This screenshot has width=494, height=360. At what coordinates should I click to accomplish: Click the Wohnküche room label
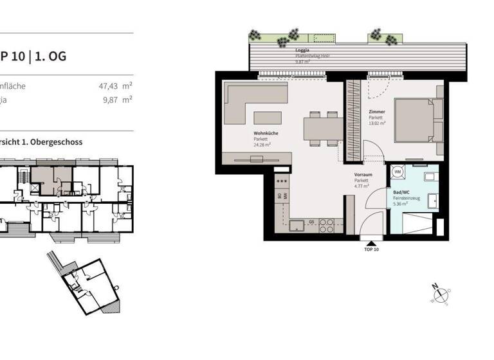[266, 134]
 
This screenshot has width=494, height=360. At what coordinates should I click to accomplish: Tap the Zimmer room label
[377, 112]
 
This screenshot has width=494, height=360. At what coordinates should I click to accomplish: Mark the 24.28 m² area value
[262, 145]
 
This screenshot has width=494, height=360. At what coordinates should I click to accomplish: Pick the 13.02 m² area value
[378, 123]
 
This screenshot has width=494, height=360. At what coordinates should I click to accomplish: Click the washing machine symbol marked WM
[398, 172]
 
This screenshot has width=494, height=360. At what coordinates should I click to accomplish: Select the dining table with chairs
[321, 127]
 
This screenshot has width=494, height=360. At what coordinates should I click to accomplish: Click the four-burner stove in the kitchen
[327, 225]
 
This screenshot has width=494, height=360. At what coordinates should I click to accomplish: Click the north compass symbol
[441, 294]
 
